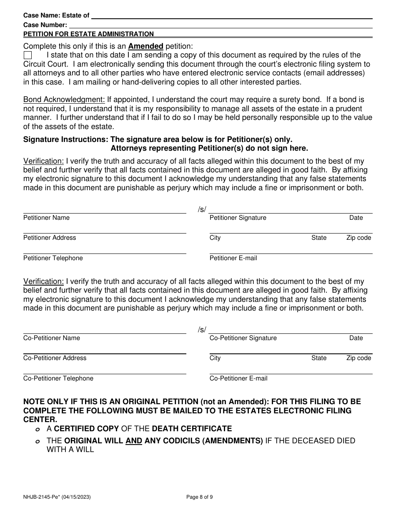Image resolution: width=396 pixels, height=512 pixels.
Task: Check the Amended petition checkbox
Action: point(28,55)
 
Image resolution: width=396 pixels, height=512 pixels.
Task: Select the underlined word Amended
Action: point(145,46)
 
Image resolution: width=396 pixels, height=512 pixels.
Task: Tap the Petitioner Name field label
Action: point(46,218)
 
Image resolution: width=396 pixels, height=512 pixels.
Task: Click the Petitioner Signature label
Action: point(238,218)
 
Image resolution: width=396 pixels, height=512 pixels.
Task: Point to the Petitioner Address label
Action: point(50,238)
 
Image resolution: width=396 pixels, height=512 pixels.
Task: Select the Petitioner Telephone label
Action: point(53,258)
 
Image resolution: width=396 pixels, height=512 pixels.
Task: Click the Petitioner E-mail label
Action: point(233,258)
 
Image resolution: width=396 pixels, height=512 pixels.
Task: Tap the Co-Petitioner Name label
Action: point(52,338)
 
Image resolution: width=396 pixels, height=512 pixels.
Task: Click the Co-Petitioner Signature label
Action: point(243,338)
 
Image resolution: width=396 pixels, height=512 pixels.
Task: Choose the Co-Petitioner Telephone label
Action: point(58,378)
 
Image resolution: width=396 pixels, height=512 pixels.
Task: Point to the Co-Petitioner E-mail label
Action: point(238,378)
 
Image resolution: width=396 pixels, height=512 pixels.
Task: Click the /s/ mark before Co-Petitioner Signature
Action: point(202,330)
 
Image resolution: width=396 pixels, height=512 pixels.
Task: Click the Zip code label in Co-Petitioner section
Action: point(358,358)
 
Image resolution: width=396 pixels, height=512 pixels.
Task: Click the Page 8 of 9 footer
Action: point(199,497)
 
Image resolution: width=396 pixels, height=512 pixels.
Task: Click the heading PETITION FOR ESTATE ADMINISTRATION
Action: point(88,34)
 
